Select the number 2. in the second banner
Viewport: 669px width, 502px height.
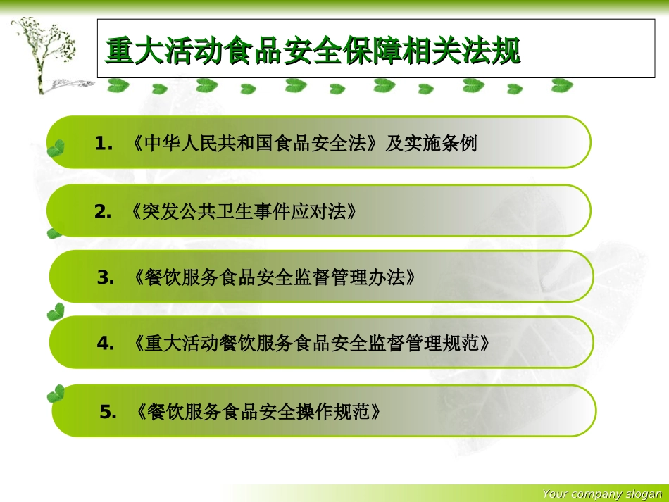tap(104, 211)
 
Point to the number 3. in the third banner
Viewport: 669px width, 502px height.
tap(106, 278)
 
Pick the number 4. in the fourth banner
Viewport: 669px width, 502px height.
tap(106, 344)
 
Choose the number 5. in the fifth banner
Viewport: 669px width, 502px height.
tap(108, 412)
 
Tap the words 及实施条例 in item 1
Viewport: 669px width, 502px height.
tap(431, 144)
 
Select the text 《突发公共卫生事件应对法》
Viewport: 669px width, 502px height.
tap(242, 211)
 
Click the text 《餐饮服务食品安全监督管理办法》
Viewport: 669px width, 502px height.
tap(274, 278)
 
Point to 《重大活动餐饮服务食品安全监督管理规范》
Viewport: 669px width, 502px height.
tap(311, 344)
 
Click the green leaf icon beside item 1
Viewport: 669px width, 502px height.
tap(55, 148)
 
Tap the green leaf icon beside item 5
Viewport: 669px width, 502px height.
tap(56, 394)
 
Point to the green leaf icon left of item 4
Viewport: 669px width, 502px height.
tap(56, 311)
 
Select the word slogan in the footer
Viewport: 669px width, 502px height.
tap(644, 494)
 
